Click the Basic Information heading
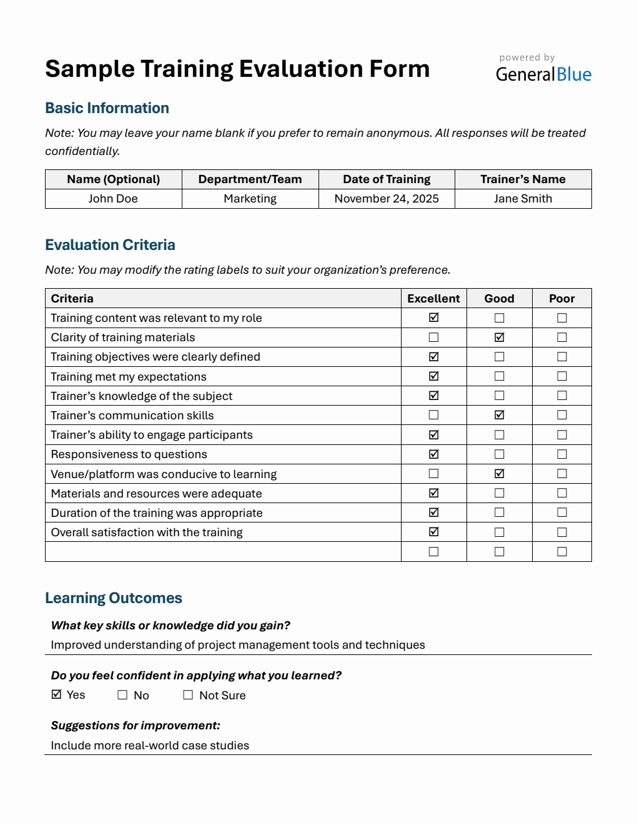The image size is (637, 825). [107, 108]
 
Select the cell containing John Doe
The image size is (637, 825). [113, 199]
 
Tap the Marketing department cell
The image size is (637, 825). [250, 199]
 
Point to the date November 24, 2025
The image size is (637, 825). [387, 199]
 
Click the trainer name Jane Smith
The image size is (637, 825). [523, 199]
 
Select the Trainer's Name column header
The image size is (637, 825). [523, 179]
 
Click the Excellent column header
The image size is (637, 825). [433, 299]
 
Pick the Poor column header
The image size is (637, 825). [561, 299]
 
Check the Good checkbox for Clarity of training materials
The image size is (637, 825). [499, 337]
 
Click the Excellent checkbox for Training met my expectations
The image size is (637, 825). [433, 376]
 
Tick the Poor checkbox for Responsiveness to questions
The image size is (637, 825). [561, 454]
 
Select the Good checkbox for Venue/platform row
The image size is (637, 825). [499, 474]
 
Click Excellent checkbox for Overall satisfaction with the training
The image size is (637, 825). [433, 532]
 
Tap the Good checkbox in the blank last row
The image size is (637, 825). [499, 552]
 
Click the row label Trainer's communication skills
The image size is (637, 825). [132, 416]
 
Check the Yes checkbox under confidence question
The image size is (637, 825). [57, 694]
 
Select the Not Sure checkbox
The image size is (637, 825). [188, 695]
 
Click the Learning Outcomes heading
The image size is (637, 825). [114, 598]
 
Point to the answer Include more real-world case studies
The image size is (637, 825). [150, 746]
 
